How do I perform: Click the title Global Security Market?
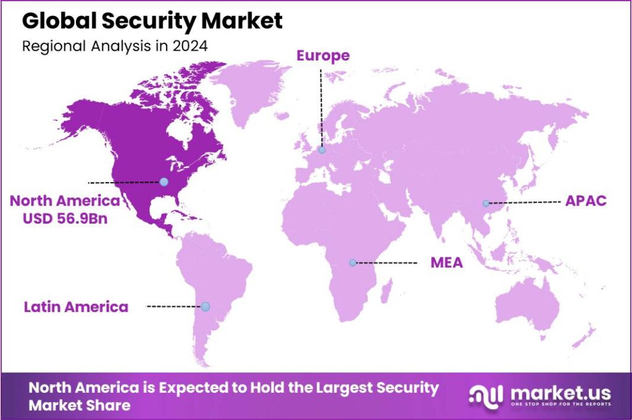[x=152, y=21]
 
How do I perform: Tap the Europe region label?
[x=323, y=56]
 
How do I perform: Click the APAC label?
[x=586, y=201]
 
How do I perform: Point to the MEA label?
[x=446, y=263]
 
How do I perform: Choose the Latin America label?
[x=76, y=306]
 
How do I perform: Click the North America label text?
[x=64, y=201]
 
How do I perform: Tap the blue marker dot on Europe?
[x=322, y=149]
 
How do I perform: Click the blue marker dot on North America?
[x=164, y=182]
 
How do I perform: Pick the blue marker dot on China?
[x=486, y=203]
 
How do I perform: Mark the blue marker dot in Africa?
[x=352, y=262]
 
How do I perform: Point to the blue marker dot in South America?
[x=206, y=306]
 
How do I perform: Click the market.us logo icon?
[x=484, y=395]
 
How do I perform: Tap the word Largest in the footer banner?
[x=344, y=388]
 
